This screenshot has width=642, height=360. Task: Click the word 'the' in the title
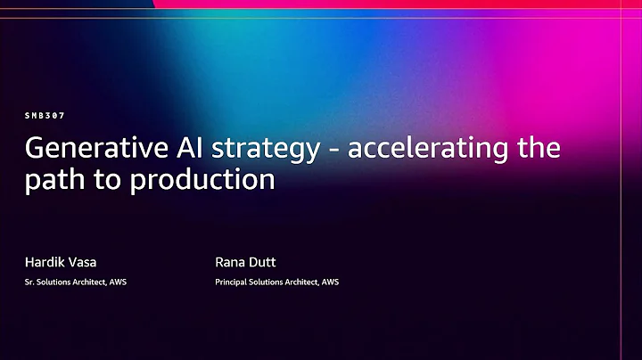[x=539, y=148]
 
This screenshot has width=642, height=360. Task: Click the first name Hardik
[x=42, y=262]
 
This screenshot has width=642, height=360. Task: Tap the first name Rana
[x=231, y=262]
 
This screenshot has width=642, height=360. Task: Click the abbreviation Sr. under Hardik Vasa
[x=29, y=282]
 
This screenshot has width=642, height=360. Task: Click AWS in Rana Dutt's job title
[x=330, y=282]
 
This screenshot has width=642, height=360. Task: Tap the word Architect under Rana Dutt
[x=300, y=282]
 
